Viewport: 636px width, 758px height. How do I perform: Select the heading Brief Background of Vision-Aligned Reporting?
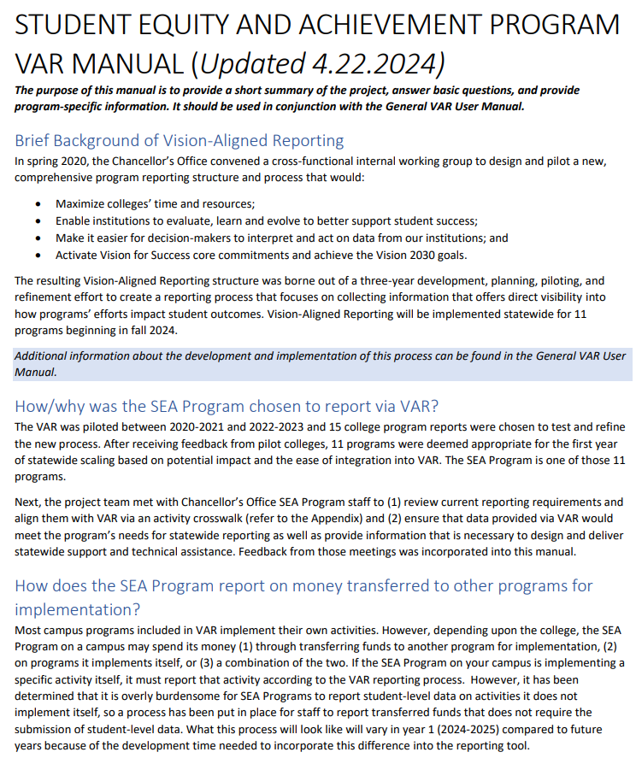(x=180, y=140)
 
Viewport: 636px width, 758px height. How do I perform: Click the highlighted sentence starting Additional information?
(x=321, y=363)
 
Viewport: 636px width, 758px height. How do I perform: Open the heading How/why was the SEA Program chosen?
(x=227, y=405)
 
